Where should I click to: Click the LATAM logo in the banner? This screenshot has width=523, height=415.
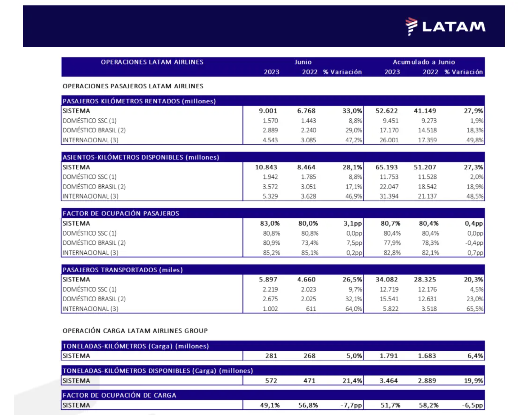pyautogui.click(x=445, y=26)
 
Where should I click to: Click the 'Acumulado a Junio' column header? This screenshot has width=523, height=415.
pyautogui.click(x=424, y=62)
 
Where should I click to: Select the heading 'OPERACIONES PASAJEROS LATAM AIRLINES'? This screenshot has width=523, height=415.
pyautogui.click(x=133, y=86)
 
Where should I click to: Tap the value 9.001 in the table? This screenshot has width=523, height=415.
pyautogui.click(x=268, y=111)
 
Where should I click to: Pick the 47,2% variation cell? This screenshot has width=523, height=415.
pyautogui.click(x=354, y=140)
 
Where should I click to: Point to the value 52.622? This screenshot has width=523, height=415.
pyautogui.click(x=386, y=111)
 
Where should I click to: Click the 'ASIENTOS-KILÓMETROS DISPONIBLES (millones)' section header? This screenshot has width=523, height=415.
pyautogui.click(x=141, y=157)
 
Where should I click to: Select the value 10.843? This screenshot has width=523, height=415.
pyautogui.click(x=266, y=167)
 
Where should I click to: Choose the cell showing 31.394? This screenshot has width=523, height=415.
pyautogui.click(x=389, y=196)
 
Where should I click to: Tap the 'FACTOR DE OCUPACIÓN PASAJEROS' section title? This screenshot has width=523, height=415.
pyautogui.click(x=121, y=213)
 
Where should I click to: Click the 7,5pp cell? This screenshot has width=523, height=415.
pyautogui.click(x=354, y=243)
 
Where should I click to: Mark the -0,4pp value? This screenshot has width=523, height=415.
pyautogui.click(x=474, y=243)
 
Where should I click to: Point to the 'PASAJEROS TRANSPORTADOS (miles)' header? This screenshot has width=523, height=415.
pyautogui.click(x=123, y=270)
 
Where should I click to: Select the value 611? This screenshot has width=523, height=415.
pyautogui.click(x=311, y=309)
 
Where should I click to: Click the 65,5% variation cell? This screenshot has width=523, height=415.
pyautogui.click(x=475, y=309)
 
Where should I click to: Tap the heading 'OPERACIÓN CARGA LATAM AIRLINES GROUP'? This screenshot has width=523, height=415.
pyautogui.click(x=135, y=331)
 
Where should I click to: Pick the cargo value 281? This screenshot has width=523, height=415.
pyautogui.click(x=271, y=356)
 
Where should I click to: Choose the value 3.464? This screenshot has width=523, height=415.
pyautogui.click(x=389, y=381)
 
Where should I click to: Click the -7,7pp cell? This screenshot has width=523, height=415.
pyautogui.click(x=351, y=405)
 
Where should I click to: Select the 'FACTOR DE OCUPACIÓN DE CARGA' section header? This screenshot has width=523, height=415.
pyautogui.click(x=119, y=395)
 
